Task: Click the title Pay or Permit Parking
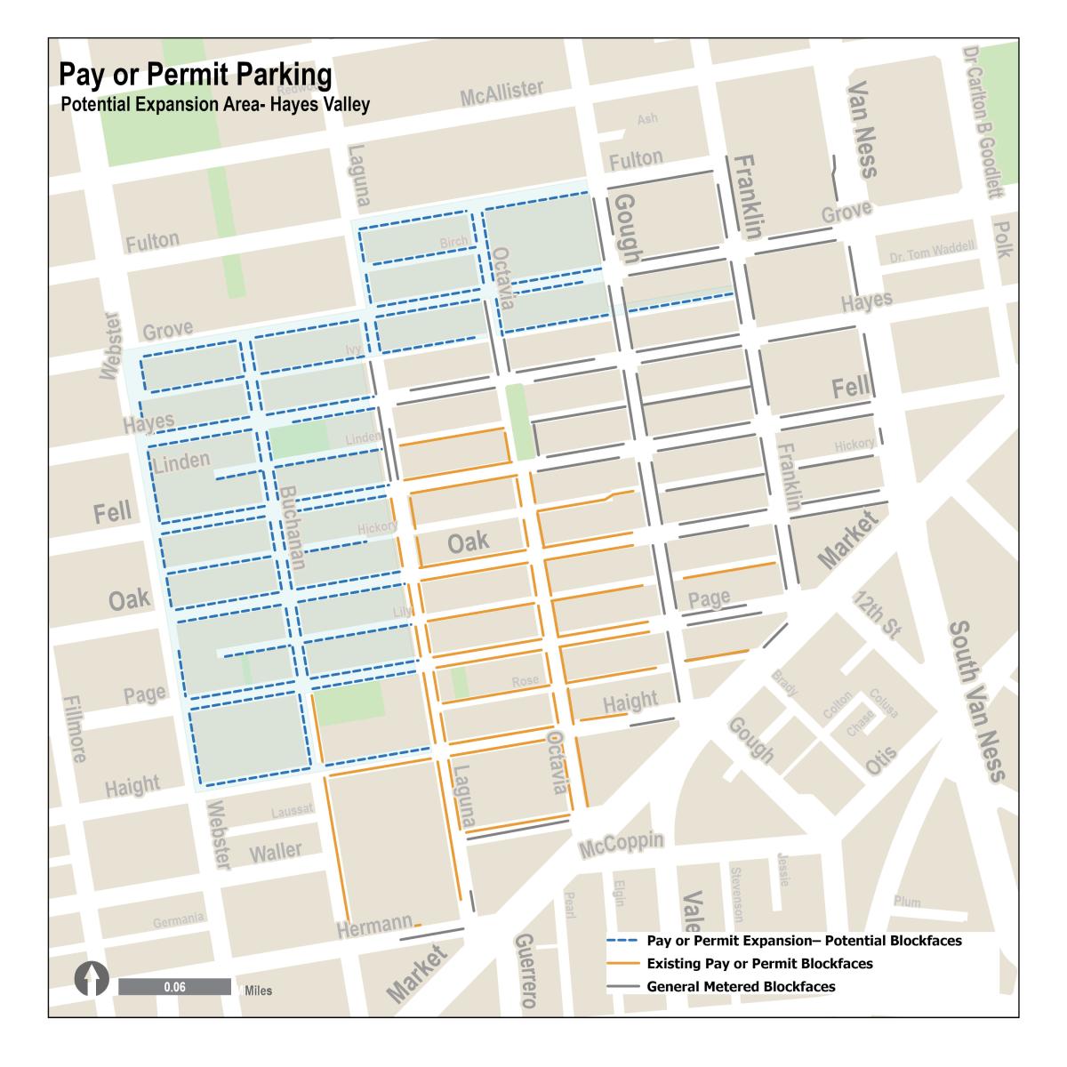coord(196,75)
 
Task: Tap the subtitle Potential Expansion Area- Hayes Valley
coord(215,104)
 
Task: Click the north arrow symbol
coord(91,982)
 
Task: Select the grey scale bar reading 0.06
coord(174,987)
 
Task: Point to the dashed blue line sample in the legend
coord(623,941)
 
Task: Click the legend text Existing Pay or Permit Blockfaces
coord(759,964)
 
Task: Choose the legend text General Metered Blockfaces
coord(741,986)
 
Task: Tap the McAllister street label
coord(501,92)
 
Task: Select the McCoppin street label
coord(622,846)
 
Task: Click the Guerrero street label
coord(525,972)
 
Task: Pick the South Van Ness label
coord(975,702)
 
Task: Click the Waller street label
coord(276,852)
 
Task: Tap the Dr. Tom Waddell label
coord(932,253)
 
